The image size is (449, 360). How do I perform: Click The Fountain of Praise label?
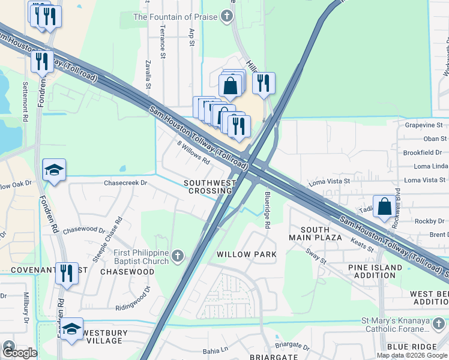click(x=175, y=17)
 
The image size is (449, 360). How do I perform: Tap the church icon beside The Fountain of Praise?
click(x=226, y=17)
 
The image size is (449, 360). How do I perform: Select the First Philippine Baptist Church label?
click(x=142, y=257)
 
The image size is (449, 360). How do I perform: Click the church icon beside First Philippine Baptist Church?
click(x=177, y=257)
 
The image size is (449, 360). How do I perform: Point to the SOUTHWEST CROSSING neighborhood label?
click(x=208, y=187)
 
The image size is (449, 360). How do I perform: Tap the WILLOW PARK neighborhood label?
click(x=247, y=254)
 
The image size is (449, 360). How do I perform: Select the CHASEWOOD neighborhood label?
click(x=127, y=272)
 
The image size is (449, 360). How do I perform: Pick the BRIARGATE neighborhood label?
click(x=274, y=356)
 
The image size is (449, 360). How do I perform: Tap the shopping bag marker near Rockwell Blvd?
click(x=384, y=206)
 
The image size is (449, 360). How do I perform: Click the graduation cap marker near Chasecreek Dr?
click(x=54, y=170)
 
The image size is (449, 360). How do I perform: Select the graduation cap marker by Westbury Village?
click(x=71, y=329)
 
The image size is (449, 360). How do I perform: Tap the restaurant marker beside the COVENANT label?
click(x=67, y=274)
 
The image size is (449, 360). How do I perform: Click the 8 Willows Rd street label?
click(x=193, y=152)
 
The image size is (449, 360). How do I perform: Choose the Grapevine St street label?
click(x=423, y=125)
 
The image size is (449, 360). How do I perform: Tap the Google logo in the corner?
click(x=20, y=353)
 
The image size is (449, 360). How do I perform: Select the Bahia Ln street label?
click(x=216, y=349)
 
